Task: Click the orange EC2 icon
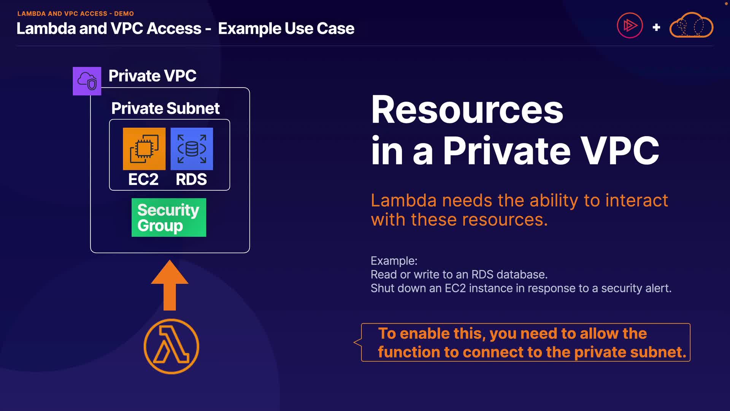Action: tap(144, 149)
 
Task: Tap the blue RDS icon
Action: tap(192, 149)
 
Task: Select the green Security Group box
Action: tap(169, 217)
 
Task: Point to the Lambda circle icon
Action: tap(171, 346)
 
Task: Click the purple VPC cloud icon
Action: tap(87, 81)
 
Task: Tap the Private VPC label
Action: tap(152, 76)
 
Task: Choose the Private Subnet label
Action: tap(165, 108)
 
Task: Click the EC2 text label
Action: tap(143, 179)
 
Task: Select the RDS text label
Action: tap(191, 179)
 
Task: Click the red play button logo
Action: tap(630, 26)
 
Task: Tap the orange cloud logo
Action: tap(691, 25)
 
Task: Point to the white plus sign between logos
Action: tap(656, 27)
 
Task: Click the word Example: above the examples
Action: tap(394, 261)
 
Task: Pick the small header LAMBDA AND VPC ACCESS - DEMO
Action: tap(76, 14)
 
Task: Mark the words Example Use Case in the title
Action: tap(286, 29)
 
